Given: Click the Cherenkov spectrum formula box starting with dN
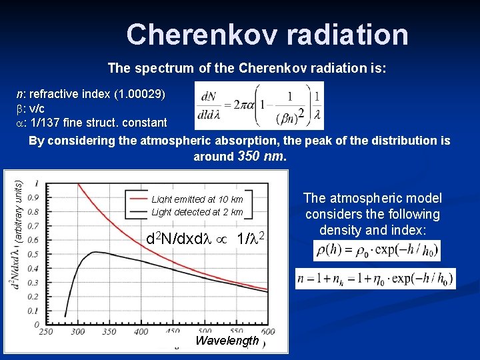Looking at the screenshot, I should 259,105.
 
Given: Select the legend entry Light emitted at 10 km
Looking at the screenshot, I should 197,199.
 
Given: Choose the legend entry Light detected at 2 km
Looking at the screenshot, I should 197,212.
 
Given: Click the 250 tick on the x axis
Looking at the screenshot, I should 47,331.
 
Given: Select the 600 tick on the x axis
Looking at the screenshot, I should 267,331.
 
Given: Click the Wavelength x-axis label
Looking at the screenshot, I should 227,341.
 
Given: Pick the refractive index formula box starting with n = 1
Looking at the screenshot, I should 376,279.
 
